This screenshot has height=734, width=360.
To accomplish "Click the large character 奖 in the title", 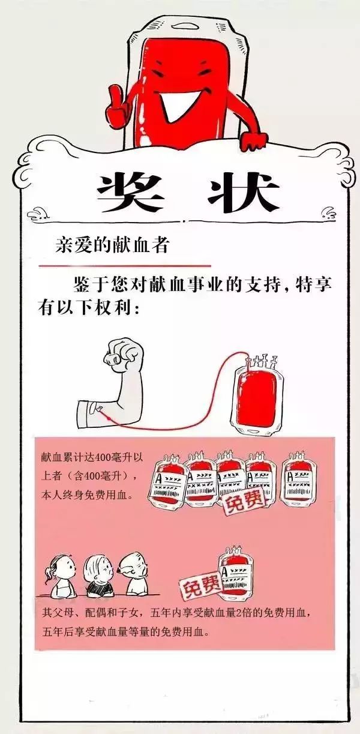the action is (x=130, y=192).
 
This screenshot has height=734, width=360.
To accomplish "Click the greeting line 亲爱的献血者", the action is (x=112, y=244).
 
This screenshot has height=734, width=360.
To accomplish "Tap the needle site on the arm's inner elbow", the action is (x=100, y=408).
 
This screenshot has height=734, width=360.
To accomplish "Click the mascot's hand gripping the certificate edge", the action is (x=253, y=142).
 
